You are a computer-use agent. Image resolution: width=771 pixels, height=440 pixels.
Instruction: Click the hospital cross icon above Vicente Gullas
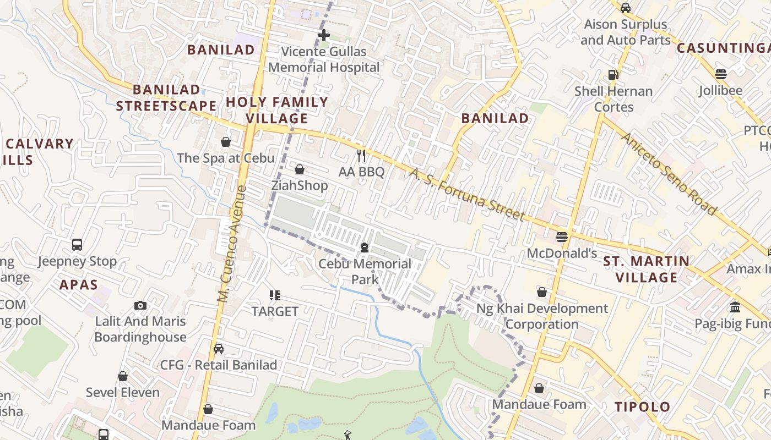click(324, 35)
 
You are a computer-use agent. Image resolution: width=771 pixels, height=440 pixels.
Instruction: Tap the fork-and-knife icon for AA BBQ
click(361, 156)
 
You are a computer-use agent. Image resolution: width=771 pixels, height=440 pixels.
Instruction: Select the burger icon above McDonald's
click(562, 237)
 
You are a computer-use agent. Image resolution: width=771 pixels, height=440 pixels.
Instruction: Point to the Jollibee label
click(720, 91)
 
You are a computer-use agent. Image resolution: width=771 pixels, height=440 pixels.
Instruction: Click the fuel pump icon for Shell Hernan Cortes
click(613, 75)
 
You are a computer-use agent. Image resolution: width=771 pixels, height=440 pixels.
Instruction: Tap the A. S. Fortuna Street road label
click(466, 195)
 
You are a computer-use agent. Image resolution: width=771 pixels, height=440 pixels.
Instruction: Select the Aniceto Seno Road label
click(669, 174)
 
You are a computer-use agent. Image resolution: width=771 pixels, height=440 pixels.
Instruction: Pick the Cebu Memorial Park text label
click(365, 272)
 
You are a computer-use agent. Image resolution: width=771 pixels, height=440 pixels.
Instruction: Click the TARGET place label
click(275, 311)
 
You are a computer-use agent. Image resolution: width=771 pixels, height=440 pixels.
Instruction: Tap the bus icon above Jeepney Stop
click(77, 245)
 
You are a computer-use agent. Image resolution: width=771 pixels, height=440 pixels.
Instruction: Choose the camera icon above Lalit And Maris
click(140, 305)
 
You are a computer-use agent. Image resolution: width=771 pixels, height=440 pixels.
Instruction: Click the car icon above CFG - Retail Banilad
click(219, 349)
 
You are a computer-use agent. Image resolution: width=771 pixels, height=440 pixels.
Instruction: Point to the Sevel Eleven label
click(123, 393)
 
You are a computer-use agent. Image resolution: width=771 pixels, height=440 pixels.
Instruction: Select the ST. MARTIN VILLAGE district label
click(647, 269)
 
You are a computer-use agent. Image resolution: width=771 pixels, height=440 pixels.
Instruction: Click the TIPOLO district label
click(642, 407)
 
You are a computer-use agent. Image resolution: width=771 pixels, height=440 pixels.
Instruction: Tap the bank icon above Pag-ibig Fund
click(735, 307)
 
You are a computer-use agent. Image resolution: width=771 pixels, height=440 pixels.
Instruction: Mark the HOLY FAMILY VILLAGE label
click(277, 110)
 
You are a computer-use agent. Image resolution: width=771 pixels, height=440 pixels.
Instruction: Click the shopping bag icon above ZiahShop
click(300, 169)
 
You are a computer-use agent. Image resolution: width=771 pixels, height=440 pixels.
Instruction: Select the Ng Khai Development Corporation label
click(542, 316)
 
